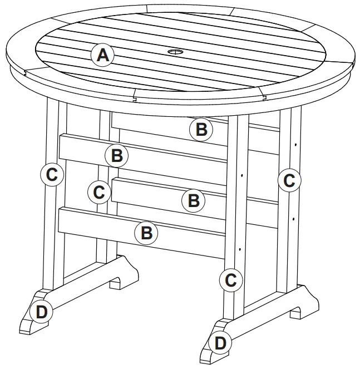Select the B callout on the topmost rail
(x=201, y=130)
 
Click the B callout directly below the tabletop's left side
(x=117, y=155)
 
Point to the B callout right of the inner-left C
(x=193, y=199)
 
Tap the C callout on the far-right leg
(x=289, y=180)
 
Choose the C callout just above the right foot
(x=231, y=280)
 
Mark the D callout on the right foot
(x=220, y=342)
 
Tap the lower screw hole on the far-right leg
(x=292, y=219)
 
